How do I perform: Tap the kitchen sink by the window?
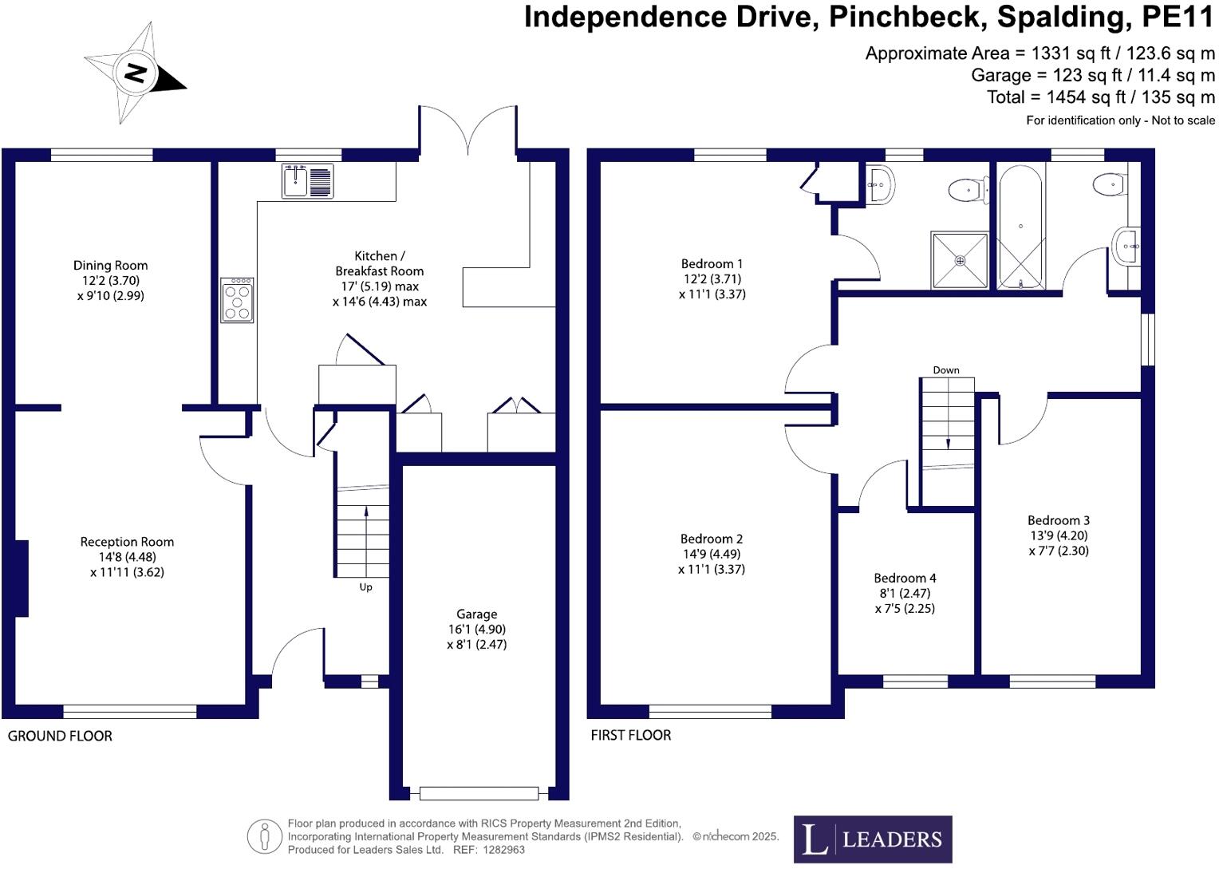click(307, 181)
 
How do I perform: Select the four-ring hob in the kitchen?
click(237, 300)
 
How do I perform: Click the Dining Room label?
click(110, 266)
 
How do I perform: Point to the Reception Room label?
click(127, 542)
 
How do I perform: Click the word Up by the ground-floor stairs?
click(365, 587)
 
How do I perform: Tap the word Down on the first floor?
click(946, 370)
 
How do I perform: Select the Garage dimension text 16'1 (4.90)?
click(476, 630)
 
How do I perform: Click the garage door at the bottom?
click(479, 793)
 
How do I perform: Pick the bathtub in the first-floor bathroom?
click(1020, 227)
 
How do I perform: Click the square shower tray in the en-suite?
click(960, 260)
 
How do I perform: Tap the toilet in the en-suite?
click(967, 190)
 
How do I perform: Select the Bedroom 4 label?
click(905, 579)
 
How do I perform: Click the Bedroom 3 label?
click(1058, 521)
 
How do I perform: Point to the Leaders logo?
click(872, 839)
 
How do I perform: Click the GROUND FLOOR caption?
click(60, 736)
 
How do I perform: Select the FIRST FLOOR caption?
click(630, 735)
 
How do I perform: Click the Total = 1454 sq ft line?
click(1100, 97)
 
